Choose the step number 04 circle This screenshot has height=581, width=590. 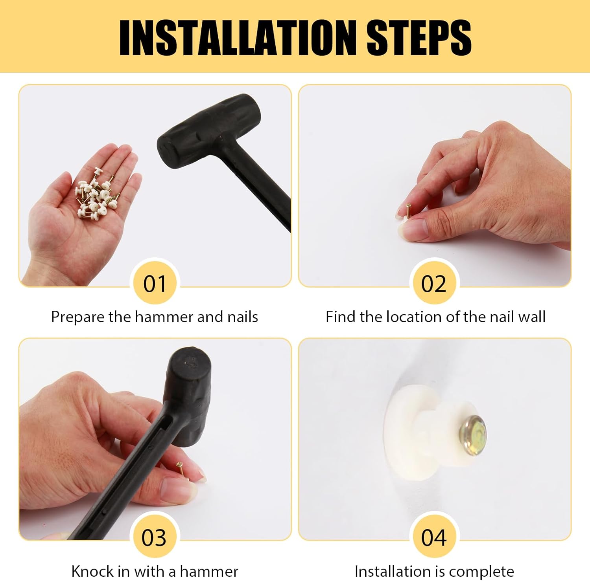coord(434,537)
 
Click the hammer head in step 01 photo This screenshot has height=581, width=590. coord(208,132)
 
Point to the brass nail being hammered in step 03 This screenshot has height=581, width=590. coord(180,469)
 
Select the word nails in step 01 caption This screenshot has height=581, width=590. coord(243,317)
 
